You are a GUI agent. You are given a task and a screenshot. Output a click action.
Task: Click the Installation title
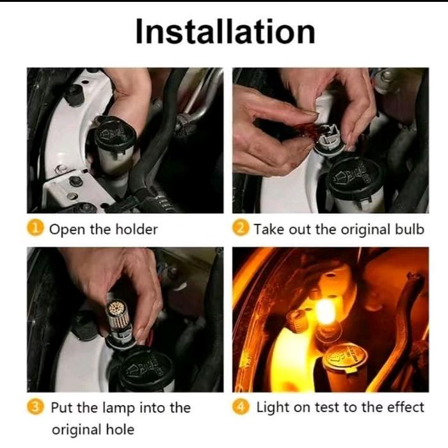(x=225, y=31)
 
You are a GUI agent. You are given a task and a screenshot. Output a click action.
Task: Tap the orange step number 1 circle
(x=35, y=228)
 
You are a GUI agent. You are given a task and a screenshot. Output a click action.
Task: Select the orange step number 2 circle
(x=241, y=228)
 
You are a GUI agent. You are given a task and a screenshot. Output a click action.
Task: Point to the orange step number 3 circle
(x=35, y=407)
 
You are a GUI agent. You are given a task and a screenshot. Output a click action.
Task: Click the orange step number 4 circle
(x=241, y=407)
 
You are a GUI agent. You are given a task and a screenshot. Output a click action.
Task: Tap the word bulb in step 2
(x=409, y=229)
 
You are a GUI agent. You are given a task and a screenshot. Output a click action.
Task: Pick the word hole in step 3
(x=120, y=429)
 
